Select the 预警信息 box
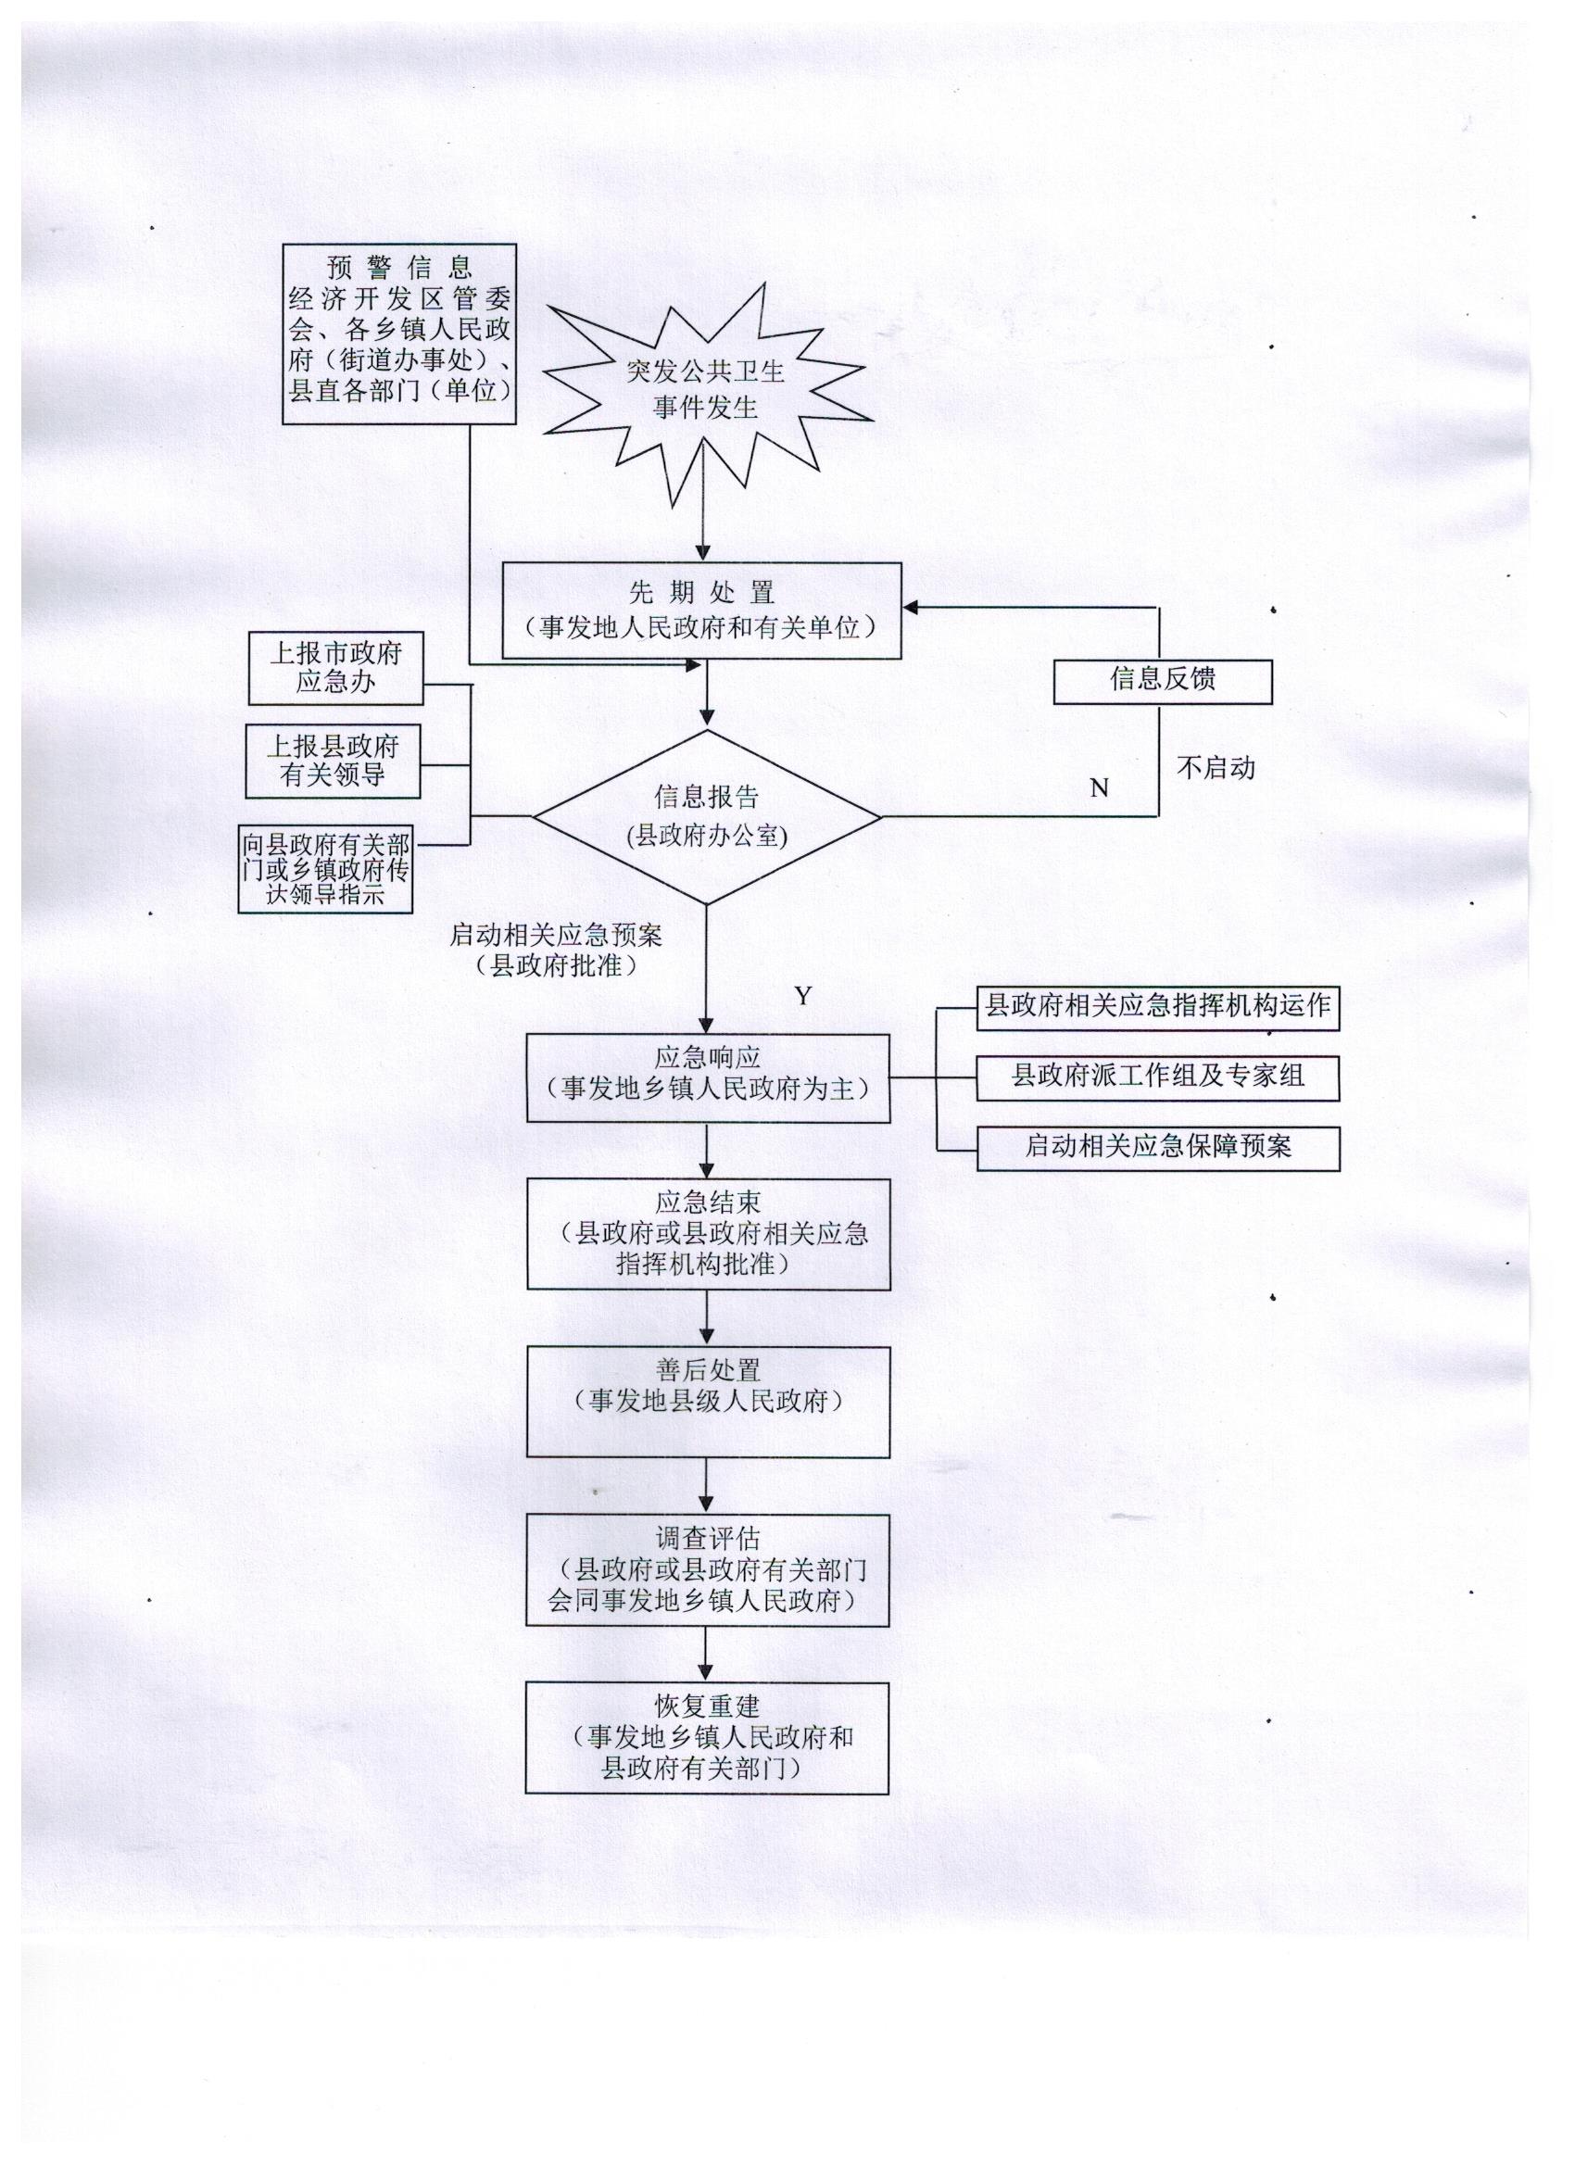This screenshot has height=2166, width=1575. pyautogui.click(x=399, y=334)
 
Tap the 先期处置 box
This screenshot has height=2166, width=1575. pyautogui.click(x=702, y=611)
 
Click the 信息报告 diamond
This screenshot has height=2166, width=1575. pyautogui.click(x=706, y=816)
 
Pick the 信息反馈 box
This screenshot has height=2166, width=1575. pyautogui.click(x=1163, y=681)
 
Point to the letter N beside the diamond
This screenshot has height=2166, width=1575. pyautogui.click(x=1100, y=787)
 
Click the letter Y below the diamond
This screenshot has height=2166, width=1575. pyautogui.click(x=803, y=996)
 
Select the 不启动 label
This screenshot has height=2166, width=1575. pyautogui.click(x=1215, y=768)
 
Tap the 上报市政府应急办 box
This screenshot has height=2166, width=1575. pyautogui.click(x=335, y=668)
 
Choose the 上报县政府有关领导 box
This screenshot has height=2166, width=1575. pyautogui.click(x=334, y=762)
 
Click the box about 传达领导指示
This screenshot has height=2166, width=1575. pyautogui.click(x=326, y=870)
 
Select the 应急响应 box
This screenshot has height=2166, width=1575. pyautogui.click(x=708, y=1077)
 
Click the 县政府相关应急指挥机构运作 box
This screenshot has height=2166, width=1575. pyautogui.click(x=1157, y=1007)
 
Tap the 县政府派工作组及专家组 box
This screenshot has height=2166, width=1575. pyautogui.click(x=1157, y=1077)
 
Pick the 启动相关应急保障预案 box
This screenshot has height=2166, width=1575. pyautogui.click(x=1157, y=1148)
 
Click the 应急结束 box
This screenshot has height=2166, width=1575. pyautogui.click(x=708, y=1234)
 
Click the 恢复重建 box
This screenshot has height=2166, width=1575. pyautogui.click(x=707, y=1738)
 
